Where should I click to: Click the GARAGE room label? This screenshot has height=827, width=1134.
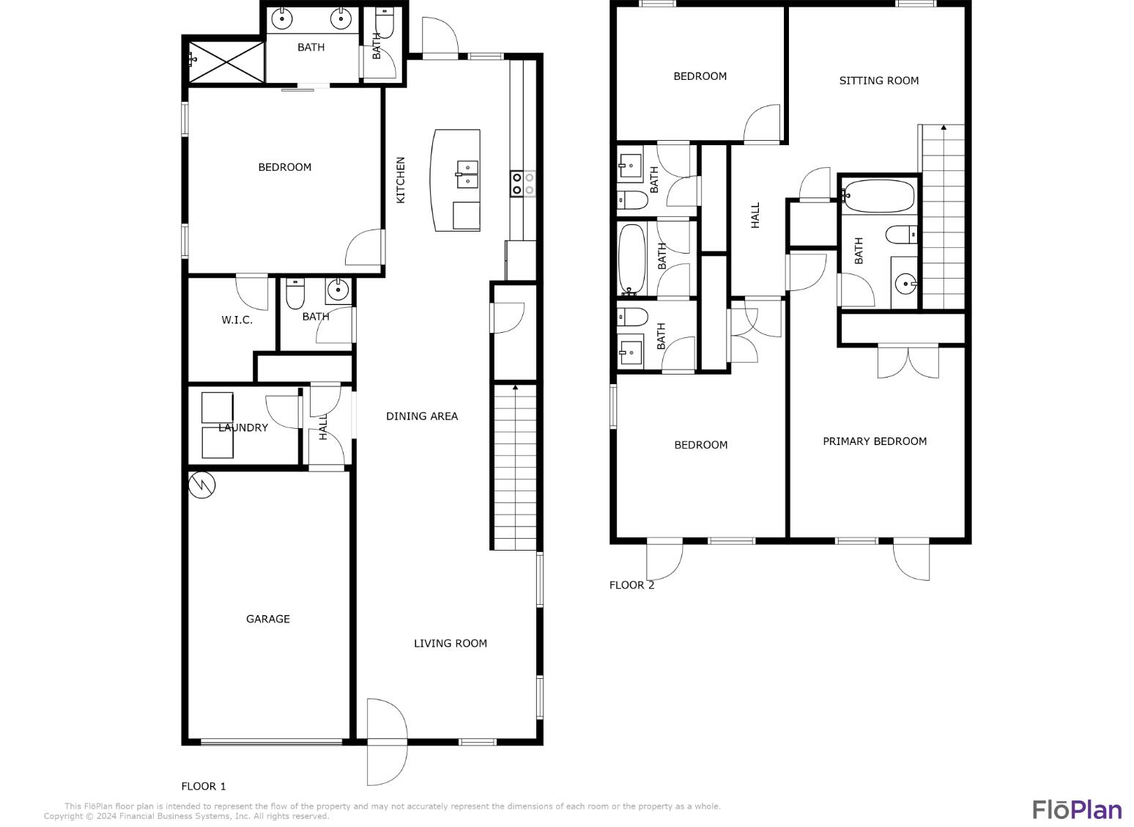coord(267,619)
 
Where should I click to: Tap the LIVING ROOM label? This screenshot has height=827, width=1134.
coord(450,643)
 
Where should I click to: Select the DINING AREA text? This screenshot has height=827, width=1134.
coord(421,416)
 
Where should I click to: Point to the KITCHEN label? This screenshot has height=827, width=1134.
coord(401,180)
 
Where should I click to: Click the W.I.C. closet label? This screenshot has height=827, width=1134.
coord(237,320)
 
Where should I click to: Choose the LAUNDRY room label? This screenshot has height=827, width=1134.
coord(243,427)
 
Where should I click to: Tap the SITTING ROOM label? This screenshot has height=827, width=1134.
coord(878,81)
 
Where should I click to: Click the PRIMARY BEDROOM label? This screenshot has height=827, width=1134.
coord(874,441)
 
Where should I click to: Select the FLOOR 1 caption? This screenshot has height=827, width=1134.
coord(204,786)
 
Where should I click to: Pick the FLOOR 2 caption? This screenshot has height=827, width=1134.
coord(631,584)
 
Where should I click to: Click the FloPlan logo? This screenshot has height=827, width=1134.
coord(1077,809)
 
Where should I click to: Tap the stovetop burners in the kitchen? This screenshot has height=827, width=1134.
coord(522,183)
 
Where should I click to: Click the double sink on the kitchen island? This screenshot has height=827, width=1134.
coord(467,175)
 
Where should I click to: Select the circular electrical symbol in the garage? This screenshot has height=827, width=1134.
coord(201,485)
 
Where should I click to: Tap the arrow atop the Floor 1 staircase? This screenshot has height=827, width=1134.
coord(515,386)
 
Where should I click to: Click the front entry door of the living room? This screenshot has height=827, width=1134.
coord(386,742)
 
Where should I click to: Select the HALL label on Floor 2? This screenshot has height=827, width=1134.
coord(755,215)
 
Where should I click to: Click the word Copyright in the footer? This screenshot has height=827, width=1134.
coord(63,816)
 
